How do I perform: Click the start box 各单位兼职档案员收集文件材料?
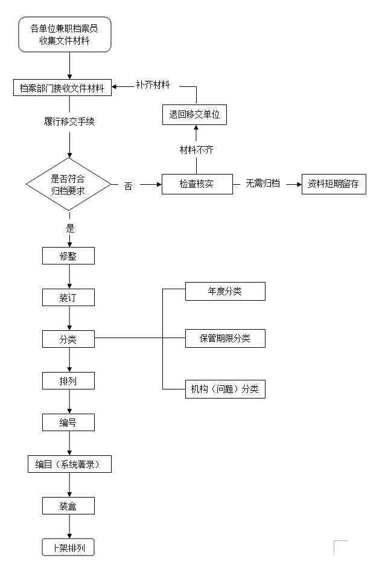coord(65,34)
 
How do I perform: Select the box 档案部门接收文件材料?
coord(62,88)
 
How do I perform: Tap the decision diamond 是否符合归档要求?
coord(68,184)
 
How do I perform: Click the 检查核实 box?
coord(197,184)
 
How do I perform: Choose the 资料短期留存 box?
coord(334,184)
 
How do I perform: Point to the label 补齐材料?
coord(153,85)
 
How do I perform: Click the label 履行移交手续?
coord(69,121)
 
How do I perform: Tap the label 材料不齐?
coord(197,149)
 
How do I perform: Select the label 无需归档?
coord(262,183)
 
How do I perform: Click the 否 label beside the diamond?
coord(128,185)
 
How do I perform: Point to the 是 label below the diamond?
coord(70,228)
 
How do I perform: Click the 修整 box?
coord(68,255)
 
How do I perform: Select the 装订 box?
coord(68,297)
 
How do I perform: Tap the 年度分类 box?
coord(225,291)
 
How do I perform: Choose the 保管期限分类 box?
coord(225,338)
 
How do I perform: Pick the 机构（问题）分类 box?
coord(225,389)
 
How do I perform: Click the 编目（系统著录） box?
coord(70,464)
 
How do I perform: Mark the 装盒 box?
coord(68,505)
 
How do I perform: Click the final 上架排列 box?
coord(68,548)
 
